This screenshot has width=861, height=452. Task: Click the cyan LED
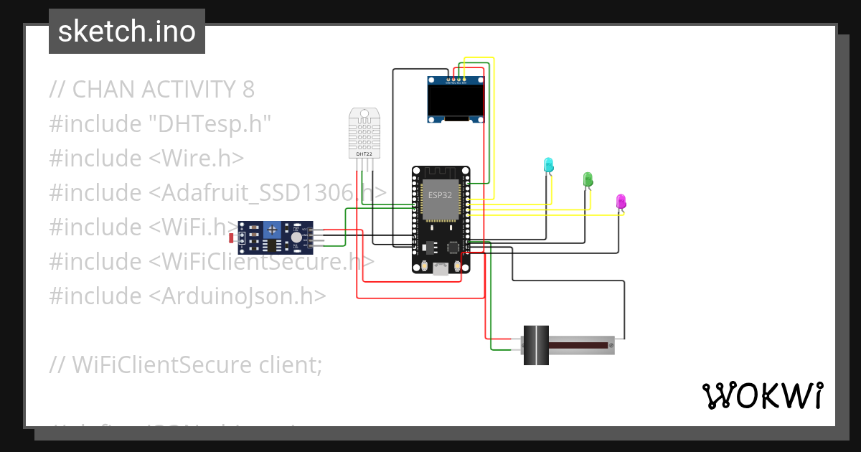tap(548, 164)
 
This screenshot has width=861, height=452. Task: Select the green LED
tap(588, 179)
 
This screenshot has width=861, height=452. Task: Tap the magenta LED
tap(621, 201)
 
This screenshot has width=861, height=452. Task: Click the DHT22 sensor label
tap(364, 154)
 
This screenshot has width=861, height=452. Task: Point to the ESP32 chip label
tap(440, 194)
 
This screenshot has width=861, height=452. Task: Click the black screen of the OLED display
tap(455, 101)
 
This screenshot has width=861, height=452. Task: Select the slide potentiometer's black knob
tap(535, 346)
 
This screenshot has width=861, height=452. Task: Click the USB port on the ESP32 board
tap(440, 269)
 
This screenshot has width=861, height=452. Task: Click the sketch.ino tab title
tap(127, 32)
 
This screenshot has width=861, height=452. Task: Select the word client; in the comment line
tap(288, 365)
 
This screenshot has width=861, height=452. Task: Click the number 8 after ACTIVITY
tap(248, 90)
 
